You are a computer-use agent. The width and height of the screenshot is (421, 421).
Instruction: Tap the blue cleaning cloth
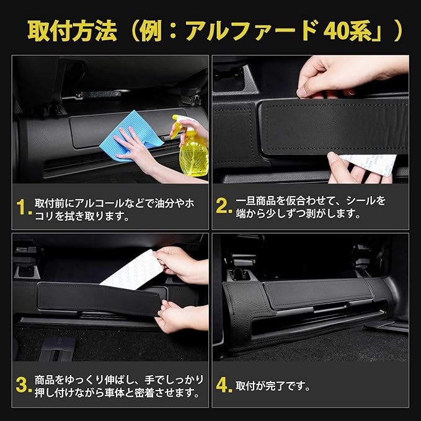(131, 135)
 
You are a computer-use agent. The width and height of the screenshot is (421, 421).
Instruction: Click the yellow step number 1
(24, 207)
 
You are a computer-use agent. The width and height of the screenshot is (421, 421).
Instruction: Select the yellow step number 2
(224, 206)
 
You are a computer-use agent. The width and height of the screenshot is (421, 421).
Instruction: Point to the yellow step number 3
(24, 385)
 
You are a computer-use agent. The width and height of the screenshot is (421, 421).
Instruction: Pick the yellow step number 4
(224, 385)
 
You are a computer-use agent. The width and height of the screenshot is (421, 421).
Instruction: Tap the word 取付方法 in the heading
(73, 31)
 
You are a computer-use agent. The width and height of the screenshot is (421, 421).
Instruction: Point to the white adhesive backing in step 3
(131, 270)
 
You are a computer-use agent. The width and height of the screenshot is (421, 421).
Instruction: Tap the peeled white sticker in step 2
(368, 164)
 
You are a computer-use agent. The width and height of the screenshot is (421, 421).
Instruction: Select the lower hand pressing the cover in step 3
(180, 317)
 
